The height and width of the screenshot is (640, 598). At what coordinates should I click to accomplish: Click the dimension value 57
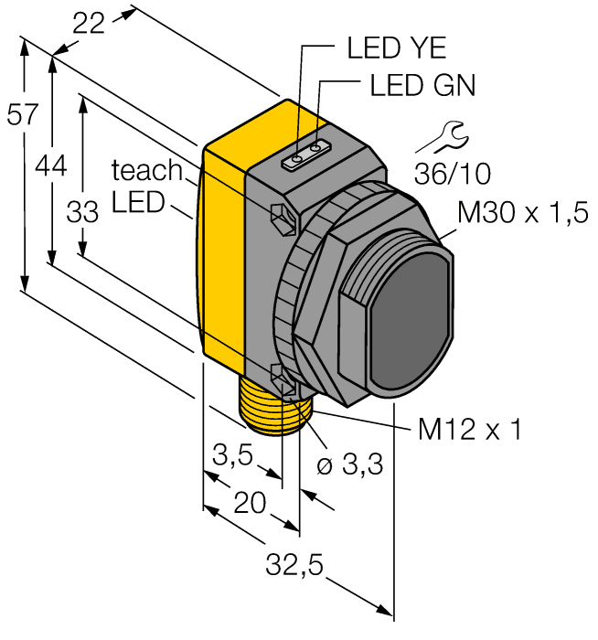pyautogui.click(x=21, y=116)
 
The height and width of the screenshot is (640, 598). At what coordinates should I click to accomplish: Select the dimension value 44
pyautogui.click(x=51, y=165)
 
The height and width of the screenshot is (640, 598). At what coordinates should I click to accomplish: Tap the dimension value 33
pyautogui.click(x=82, y=212)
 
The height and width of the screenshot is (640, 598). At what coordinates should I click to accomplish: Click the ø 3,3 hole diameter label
pyautogui.click(x=349, y=466)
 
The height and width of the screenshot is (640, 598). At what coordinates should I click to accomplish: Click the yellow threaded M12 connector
pyautogui.click(x=271, y=407)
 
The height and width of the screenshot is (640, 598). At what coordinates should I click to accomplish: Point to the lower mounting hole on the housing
pyautogui.click(x=282, y=375)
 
